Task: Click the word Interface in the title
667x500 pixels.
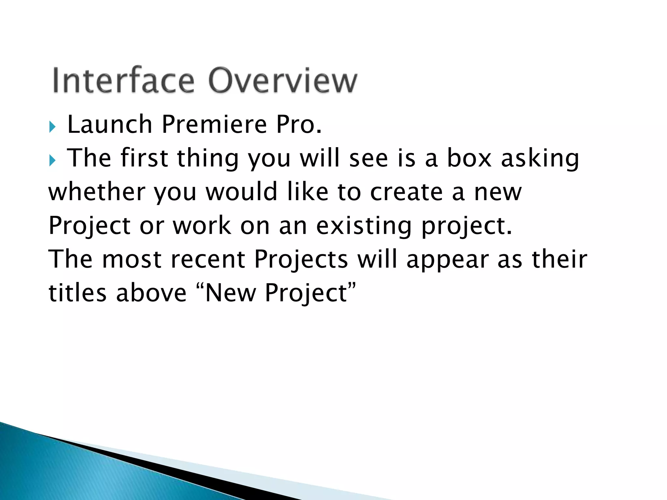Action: pyautogui.click(x=123, y=81)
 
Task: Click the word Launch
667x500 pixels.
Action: pyautogui.click(x=110, y=125)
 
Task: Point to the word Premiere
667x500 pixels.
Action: pyautogui.click(x=214, y=125)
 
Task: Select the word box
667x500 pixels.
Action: pyautogui.click(x=469, y=158)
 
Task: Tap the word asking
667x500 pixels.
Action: pyautogui.click(x=540, y=159)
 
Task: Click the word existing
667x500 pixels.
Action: pyautogui.click(x=364, y=226)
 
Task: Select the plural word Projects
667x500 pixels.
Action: pyautogui.click(x=301, y=260)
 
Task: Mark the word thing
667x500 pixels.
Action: pyautogui.click(x=208, y=159)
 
